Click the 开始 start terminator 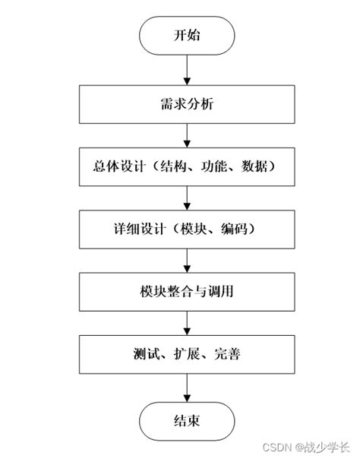pyautogui.click(x=186, y=36)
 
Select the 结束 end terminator pyautogui.click(x=186, y=419)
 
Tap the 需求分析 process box pyautogui.click(x=186, y=105)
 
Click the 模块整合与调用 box pyautogui.click(x=186, y=291)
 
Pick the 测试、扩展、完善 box pyautogui.click(x=186, y=354)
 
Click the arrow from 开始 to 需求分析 pyautogui.click(x=186, y=70)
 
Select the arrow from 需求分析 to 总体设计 pyautogui.click(x=186, y=135)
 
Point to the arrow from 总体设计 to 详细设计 pyautogui.click(x=186, y=198)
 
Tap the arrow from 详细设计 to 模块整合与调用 pyautogui.click(x=186, y=260)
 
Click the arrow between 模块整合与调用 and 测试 pyautogui.click(x=186, y=322)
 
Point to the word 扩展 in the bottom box pyautogui.click(x=187, y=354)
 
